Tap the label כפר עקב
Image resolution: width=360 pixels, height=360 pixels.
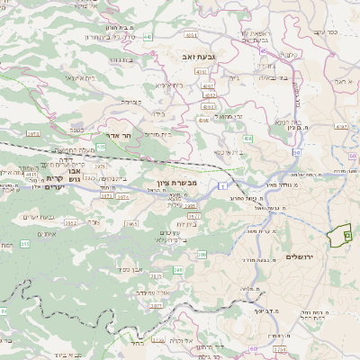327,32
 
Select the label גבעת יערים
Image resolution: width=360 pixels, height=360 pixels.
36,217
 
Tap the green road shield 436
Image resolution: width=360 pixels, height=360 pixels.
247,139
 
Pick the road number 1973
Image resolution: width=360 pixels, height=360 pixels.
32,133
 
